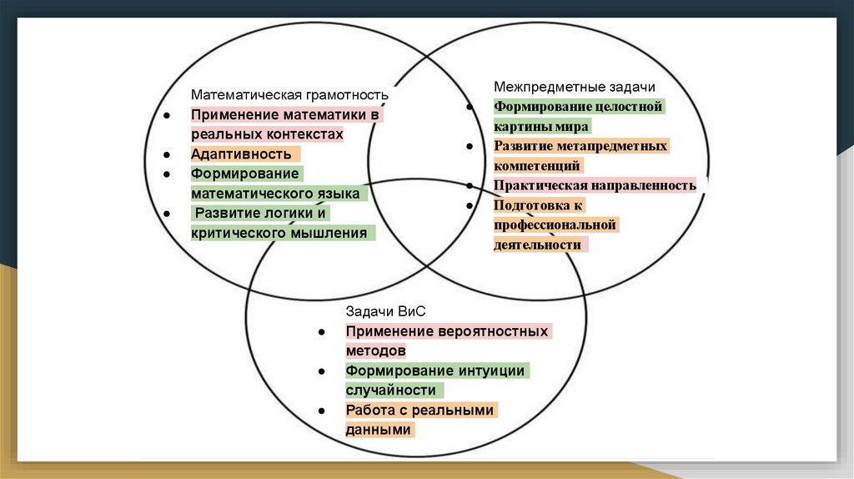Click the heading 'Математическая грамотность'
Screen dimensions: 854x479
pyautogui.click(x=290, y=95)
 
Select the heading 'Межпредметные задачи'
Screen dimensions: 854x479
pyautogui.click(x=575, y=87)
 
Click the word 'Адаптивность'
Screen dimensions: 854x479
pyautogui.click(x=241, y=154)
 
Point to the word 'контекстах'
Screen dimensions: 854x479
pyautogui.click(x=302, y=134)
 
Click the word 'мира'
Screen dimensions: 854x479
pyautogui.click(x=572, y=127)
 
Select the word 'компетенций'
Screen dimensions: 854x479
pyautogui.click(x=536, y=166)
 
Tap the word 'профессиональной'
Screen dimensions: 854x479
pyautogui.click(x=555, y=225)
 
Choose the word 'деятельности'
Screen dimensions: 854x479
pyautogui.click(x=536, y=245)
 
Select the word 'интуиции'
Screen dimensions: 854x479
pyautogui.click(x=491, y=371)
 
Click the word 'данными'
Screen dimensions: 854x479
pyautogui.click(x=379, y=430)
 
